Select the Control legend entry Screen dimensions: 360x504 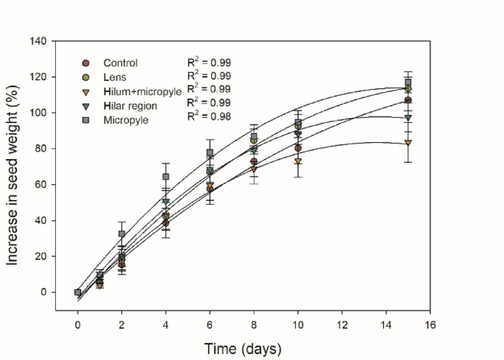tap(120, 63)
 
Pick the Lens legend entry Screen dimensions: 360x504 tap(114, 77)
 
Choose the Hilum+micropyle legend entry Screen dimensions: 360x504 tap(136, 91)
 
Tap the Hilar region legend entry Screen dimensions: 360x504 tap(129, 105)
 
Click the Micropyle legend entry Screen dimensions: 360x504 tap(124, 119)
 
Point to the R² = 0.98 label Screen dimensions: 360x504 tap(208, 116)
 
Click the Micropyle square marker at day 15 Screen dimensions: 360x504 tap(408, 82)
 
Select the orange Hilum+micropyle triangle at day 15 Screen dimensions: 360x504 tap(408, 143)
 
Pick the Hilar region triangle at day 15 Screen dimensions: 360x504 tap(408, 118)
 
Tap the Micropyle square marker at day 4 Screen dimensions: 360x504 tap(166, 177)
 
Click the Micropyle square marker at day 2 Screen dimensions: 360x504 tap(122, 234)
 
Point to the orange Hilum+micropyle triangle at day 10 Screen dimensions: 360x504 tap(298, 161)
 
